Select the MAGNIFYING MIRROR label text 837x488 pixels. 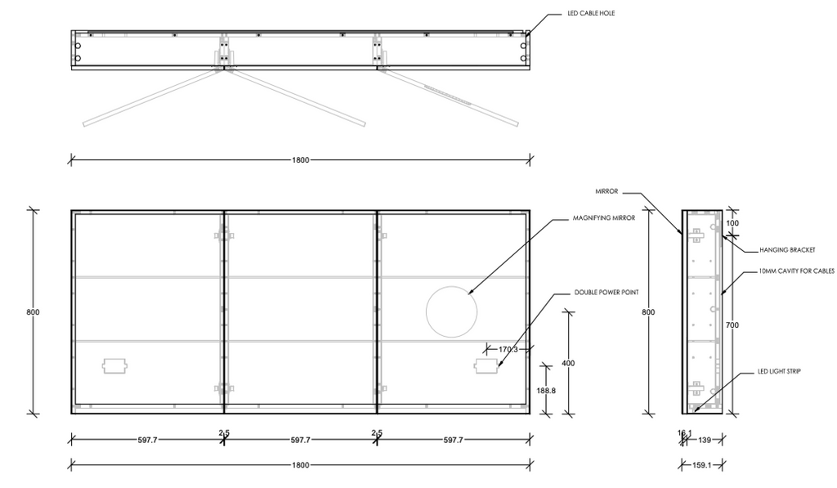click(604, 219)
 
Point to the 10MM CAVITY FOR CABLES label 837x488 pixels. click(796, 271)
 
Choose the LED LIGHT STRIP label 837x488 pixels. click(779, 371)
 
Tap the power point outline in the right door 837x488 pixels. click(488, 366)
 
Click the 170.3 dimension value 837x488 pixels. click(508, 350)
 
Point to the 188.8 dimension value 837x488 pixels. click(545, 391)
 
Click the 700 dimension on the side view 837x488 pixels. click(732, 325)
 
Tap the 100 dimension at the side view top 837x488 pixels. click(732, 223)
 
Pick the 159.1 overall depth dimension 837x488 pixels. click(700, 467)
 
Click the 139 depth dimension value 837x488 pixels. click(705, 441)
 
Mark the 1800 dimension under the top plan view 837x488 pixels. click(301, 160)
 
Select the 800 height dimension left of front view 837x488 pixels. click(34, 311)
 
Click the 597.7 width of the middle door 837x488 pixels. click(301, 441)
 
